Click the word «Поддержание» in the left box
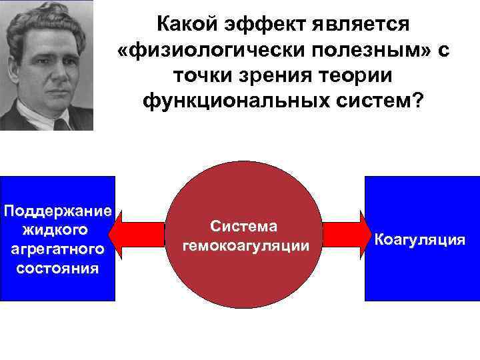point(57,211)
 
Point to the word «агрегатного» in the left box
point(57,249)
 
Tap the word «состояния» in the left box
point(57,269)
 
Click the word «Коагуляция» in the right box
point(420,239)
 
